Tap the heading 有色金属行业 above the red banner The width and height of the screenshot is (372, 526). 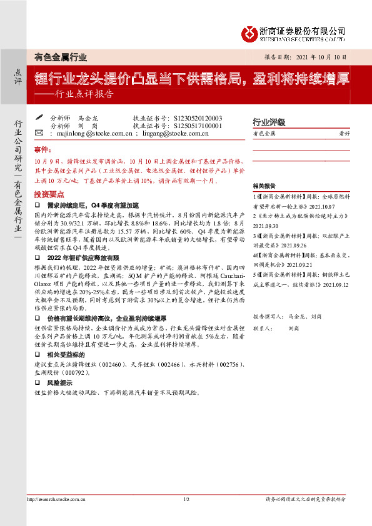(x=61, y=57)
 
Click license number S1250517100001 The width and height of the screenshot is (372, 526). (x=193, y=126)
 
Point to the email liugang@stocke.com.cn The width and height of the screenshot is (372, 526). (x=171, y=133)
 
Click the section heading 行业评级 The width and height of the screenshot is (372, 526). (x=268, y=122)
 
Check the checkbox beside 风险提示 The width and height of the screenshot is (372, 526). (x=38, y=383)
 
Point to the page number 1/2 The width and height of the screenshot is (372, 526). (x=186, y=500)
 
